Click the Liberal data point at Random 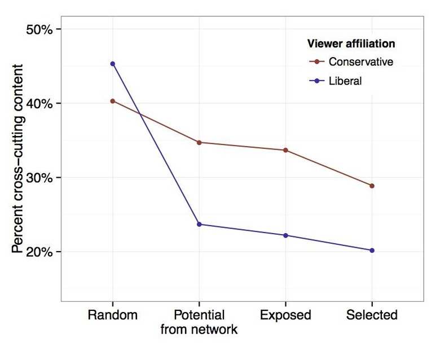(x=113, y=64)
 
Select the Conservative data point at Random (x=113, y=101)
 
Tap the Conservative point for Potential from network (x=199, y=142)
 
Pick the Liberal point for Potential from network (x=199, y=224)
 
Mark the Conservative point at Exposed (x=285, y=150)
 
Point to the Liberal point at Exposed (x=285, y=235)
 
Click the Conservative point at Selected (x=372, y=186)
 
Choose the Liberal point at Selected (x=372, y=250)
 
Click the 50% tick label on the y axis (x=39, y=29)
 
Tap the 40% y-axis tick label (x=39, y=104)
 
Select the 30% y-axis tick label (x=39, y=178)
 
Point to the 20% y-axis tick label (x=39, y=252)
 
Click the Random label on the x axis (x=113, y=315)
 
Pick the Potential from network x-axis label (x=199, y=322)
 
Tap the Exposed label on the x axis (x=285, y=315)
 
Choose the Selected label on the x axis (x=372, y=315)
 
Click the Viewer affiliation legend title (x=350, y=43)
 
